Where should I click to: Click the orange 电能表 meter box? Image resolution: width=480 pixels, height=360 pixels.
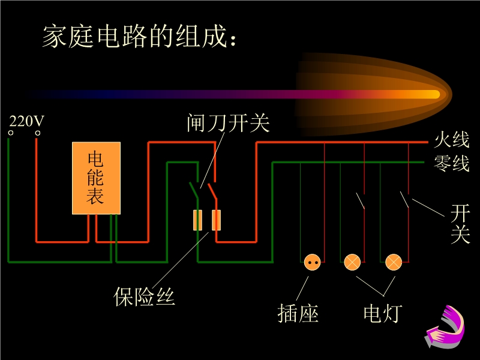(x=96, y=178)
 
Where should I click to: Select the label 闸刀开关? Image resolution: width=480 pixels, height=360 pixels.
(x=228, y=124)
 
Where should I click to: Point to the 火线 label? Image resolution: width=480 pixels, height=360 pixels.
(x=452, y=141)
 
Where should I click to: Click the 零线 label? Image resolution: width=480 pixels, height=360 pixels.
(x=452, y=163)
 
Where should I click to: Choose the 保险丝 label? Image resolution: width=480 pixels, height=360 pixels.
(x=145, y=296)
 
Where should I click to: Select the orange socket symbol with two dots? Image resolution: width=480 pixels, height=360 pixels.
(x=312, y=262)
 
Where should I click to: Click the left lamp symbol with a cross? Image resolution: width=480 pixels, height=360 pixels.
(x=352, y=262)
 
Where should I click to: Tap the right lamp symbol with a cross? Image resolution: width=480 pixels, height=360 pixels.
(x=393, y=262)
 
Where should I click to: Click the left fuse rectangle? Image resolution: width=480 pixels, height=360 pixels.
(x=197, y=220)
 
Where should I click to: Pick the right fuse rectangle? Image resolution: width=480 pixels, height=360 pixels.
(x=217, y=220)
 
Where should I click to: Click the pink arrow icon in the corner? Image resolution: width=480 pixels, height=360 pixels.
(x=446, y=327)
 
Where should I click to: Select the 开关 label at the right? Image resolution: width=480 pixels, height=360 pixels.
(x=460, y=223)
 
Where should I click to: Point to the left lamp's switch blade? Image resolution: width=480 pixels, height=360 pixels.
(x=361, y=200)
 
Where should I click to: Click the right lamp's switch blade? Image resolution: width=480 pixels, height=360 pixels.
(x=405, y=199)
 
